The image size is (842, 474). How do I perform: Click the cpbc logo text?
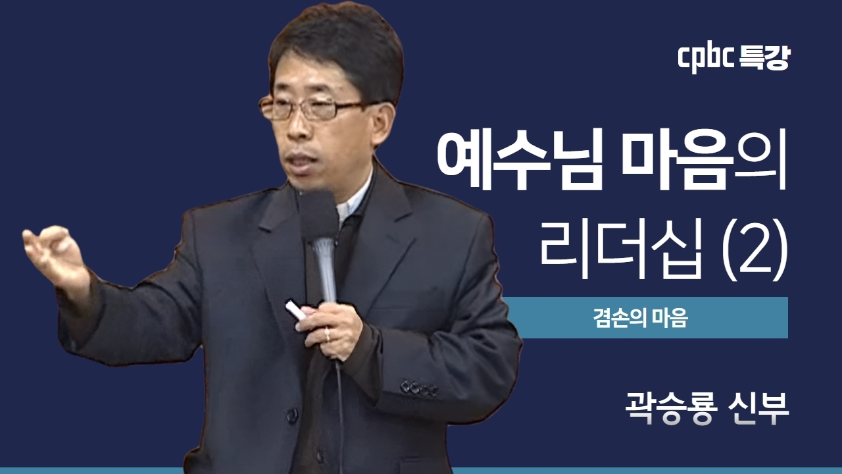(705, 60)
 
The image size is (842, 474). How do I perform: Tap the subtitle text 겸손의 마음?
(641, 318)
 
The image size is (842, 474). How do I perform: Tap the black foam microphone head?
(318, 215)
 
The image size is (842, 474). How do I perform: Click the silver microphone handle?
(324, 271)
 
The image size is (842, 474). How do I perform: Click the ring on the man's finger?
(328, 335)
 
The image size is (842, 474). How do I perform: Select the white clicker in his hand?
(296, 310)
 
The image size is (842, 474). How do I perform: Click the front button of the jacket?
(292, 415)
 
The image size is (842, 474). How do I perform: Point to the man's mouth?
(301, 159)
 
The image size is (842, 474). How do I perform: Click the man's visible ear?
(382, 122)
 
